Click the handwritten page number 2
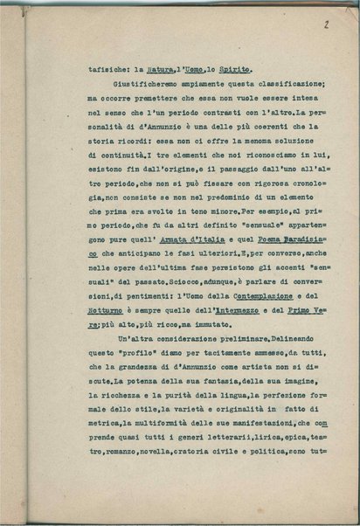325,27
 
